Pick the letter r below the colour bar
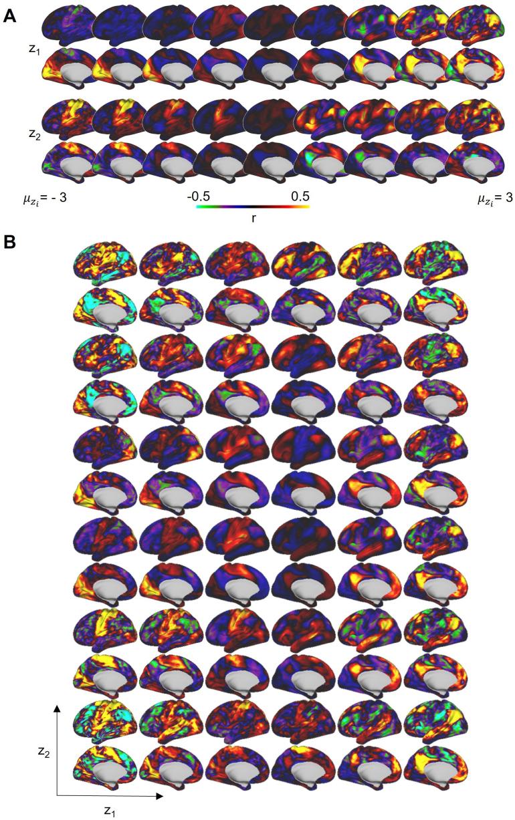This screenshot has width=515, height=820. tap(253, 218)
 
